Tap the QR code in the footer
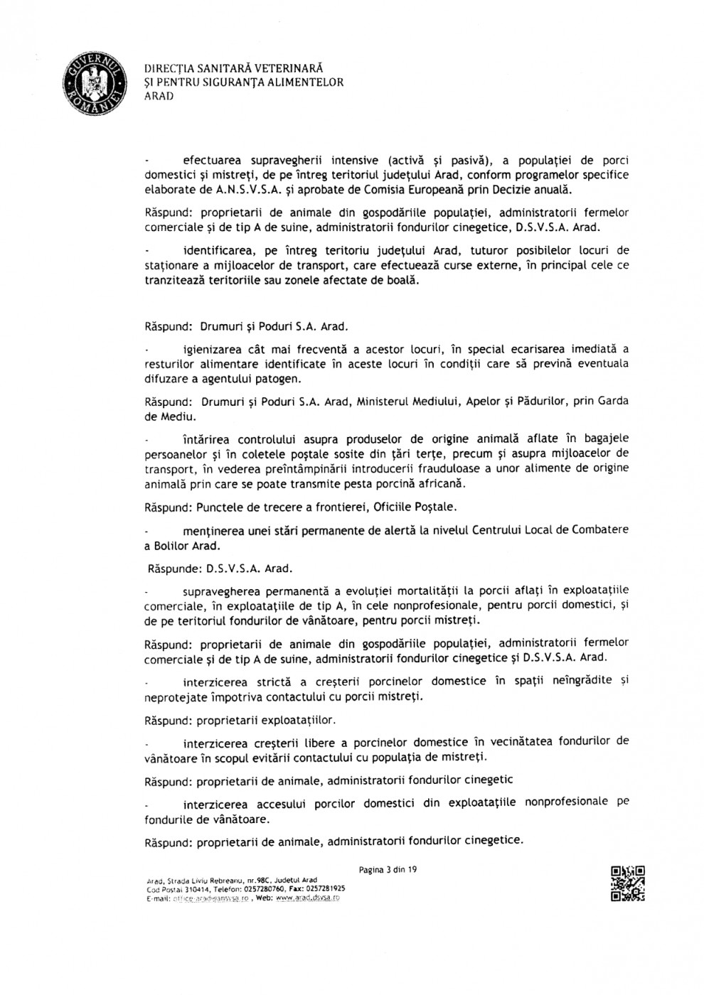coord(627,884)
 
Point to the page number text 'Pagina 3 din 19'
coord(388,869)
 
